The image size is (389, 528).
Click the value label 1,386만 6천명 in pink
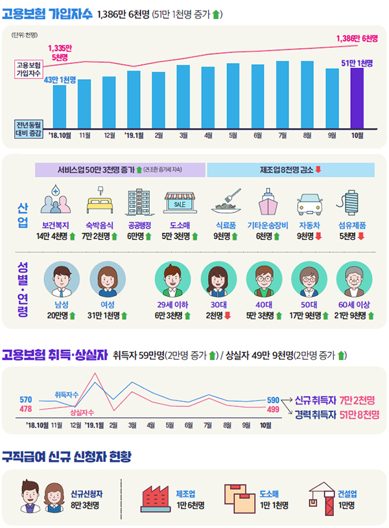[357, 38]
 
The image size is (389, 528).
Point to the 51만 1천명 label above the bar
[357, 62]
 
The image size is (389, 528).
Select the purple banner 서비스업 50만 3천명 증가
[120, 170]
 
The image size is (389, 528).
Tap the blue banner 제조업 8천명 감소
[291, 170]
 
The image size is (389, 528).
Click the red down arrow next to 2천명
[228, 316]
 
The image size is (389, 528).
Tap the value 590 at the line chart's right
[273, 400]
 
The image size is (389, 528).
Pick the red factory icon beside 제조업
[154, 498]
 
